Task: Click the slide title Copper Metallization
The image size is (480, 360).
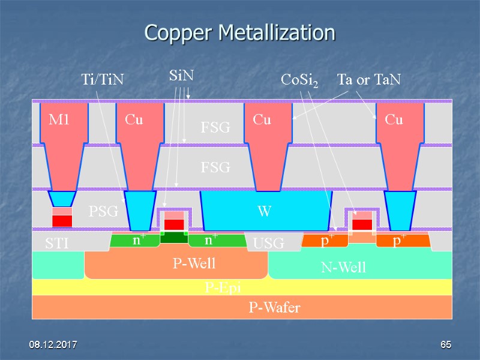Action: (x=239, y=32)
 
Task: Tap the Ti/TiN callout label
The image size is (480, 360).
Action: (x=102, y=79)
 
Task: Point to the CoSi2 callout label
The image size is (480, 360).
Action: (x=300, y=79)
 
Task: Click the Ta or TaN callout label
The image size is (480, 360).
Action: (x=368, y=79)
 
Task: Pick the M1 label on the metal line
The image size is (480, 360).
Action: (x=59, y=120)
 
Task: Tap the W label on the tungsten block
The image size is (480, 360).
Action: (x=264, y=211)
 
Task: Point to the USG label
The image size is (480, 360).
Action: (x=268, y=244)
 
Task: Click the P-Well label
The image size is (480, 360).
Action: (x=194, y=263)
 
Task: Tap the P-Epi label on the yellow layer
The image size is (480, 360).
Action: (x=223, y=288)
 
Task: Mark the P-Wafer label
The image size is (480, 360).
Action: (x=274, y=308)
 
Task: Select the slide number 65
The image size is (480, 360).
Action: (x=445, y=345)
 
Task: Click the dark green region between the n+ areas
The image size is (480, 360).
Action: (x=174, y=237)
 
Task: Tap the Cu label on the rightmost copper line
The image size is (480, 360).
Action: (x=394, y=120)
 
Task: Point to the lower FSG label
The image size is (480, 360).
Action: (x=215, y=167)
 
